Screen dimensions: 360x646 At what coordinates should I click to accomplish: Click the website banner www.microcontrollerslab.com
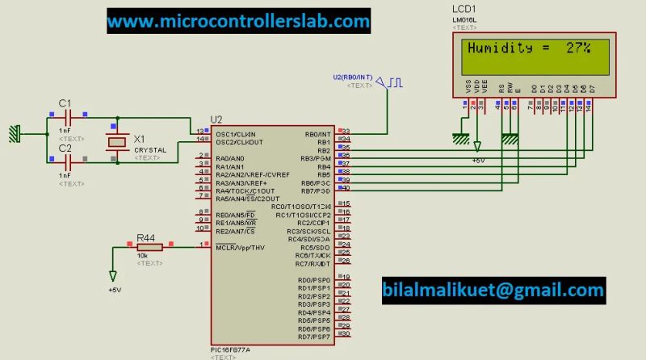click(x=238, y=21)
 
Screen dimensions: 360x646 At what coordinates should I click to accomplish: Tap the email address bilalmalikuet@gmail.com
click(x=493, y=290)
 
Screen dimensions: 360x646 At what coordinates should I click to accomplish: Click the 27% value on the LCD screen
click(x=577, y=48)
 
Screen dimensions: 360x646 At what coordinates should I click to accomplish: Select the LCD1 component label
click(x=465, y=9)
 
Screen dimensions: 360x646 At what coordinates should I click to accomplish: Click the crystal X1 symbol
click(x=118, y=142)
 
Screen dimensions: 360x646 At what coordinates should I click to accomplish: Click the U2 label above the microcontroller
click(x=216, y=119)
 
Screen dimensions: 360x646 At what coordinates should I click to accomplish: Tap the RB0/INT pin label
click(x=317, y=134)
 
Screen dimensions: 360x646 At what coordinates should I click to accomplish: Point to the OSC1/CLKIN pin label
click(x=237, y=134)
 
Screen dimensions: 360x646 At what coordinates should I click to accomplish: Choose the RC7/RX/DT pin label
click(x=313, y=264)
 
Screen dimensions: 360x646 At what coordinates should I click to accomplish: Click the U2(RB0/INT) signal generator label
click(x=353, y=77)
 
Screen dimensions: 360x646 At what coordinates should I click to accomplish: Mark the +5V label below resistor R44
click(x=114, y=290)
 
